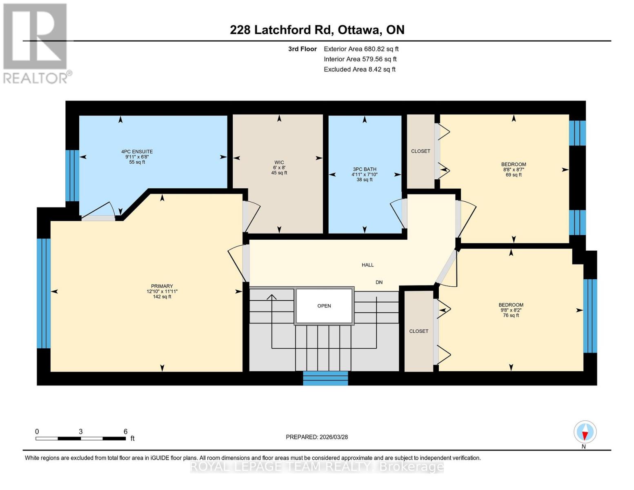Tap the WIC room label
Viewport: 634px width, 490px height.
(x=279, y=163)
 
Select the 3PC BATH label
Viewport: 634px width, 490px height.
(x=365, y=169)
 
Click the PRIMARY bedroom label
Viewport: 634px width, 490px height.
(x=162, y=286)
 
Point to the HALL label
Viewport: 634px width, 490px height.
(x=367, y=265)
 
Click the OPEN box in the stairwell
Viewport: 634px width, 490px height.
(x=324, y=306)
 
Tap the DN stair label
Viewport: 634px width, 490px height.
(x=379, y=282)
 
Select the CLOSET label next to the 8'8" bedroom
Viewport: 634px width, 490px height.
(x=420, y=151)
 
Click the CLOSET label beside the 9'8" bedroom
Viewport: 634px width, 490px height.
(x=419, y=331)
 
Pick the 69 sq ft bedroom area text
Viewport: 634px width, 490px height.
(x=514, y=175)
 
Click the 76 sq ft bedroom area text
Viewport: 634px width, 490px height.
(x=511, y=315)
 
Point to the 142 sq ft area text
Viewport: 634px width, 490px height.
(x=162, y=297)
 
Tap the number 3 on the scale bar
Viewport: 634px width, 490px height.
(x=81, y=432)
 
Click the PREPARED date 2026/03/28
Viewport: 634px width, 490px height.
(x=317, y=437)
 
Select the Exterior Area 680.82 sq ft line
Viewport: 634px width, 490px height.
(x=361, y=49)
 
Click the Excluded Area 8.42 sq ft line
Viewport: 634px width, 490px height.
(x=359, y=69)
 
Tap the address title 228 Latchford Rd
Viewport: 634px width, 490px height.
(x=317, y=30)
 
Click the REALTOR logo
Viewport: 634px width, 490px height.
(x=36, y=43)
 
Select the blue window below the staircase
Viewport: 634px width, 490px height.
(x=325, y=378)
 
